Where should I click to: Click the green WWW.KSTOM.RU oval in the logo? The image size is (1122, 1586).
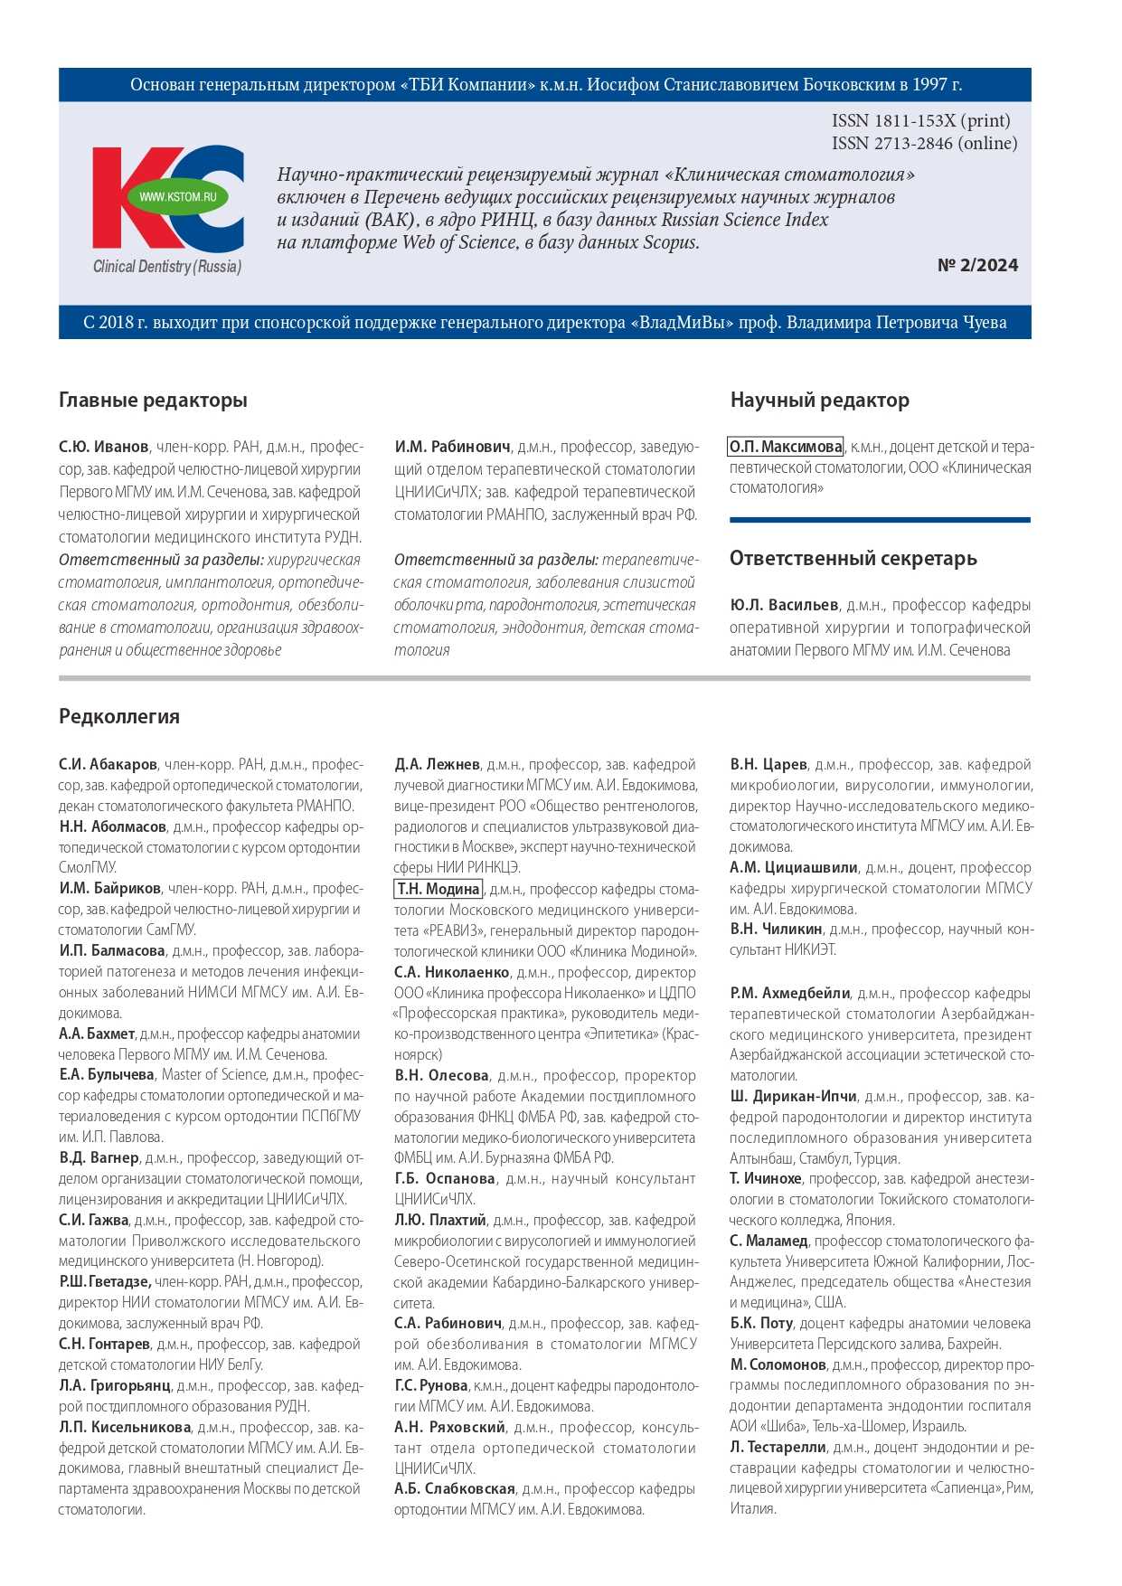(x=178, y=196)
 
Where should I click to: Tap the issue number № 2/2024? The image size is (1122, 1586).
(x=977, y=265)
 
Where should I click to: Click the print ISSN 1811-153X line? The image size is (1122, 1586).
(x=920, y=120)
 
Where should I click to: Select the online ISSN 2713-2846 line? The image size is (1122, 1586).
(x=924, y=143)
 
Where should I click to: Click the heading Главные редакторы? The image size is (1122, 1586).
(x=153, y=400)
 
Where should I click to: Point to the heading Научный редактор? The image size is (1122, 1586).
(x=819, y=400)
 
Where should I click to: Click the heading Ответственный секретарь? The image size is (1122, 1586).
(x=853, y=558)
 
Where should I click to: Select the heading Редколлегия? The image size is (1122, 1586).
(x=119, y=716)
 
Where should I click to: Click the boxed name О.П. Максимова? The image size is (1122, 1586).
(x=786, y=447)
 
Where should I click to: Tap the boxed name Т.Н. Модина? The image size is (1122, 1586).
(x=438, y=889)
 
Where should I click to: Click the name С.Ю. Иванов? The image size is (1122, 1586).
(x=104, y=447)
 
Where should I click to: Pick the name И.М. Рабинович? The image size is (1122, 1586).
(x=452, y=447)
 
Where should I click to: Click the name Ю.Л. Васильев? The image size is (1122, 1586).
(x=784, y=605)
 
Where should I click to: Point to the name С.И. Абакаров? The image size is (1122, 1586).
(x=108, y=764)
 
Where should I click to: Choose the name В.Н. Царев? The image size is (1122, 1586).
(x=768, y=764)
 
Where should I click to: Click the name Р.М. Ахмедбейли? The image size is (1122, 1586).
(x=790, y=993)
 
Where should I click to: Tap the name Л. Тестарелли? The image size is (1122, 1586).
(x=778, y=1447)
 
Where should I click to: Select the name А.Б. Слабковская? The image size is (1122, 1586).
(x=454, y=1488)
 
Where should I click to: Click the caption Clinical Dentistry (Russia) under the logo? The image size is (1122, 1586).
(x=167, y=266)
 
